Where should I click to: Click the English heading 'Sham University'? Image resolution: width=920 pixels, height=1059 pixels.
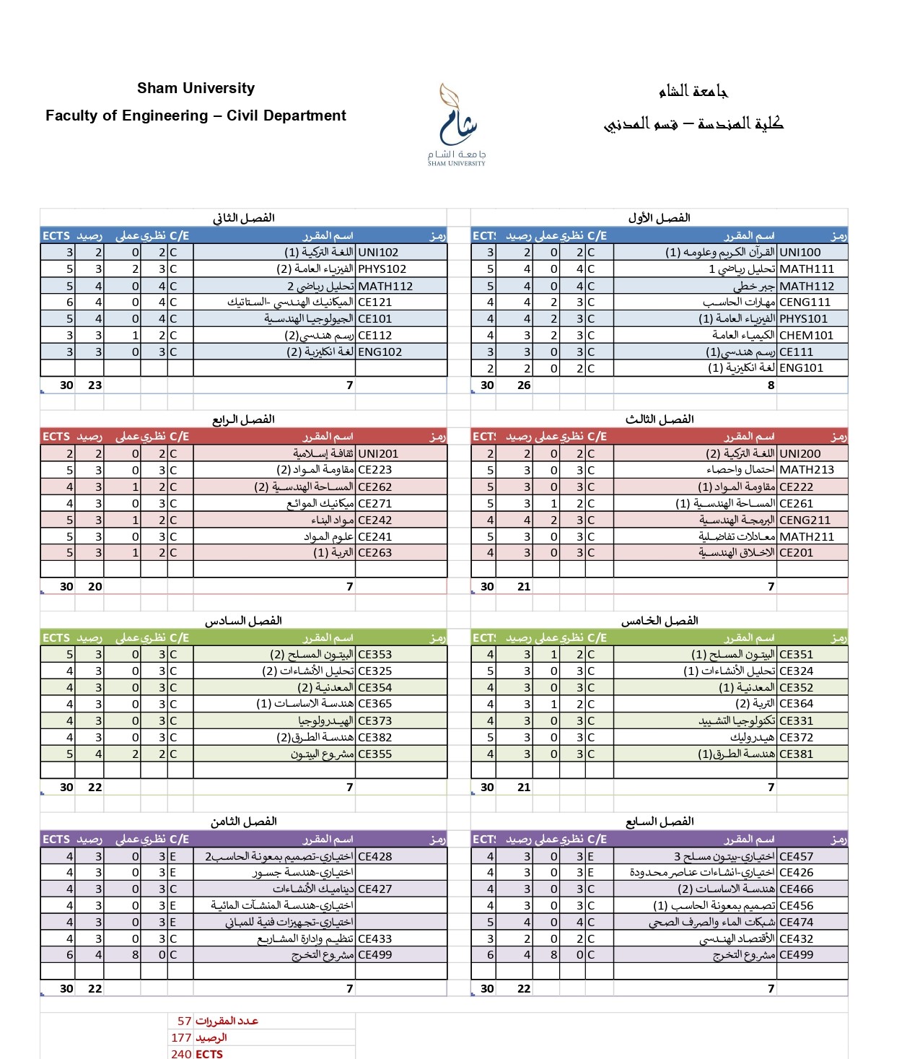pos(196,88)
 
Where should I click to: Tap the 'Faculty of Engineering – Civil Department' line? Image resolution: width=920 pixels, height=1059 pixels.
pos(196,116)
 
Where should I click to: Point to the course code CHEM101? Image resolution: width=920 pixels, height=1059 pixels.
pos(806,335)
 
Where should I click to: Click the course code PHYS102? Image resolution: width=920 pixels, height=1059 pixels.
pos(382,269)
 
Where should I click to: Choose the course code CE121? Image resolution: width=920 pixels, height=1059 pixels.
pos(374,302)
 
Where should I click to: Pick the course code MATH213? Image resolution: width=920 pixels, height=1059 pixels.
pos(806,470)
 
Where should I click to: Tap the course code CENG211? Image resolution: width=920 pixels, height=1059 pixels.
pos(805,520)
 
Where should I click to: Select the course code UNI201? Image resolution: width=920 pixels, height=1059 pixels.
pos(378,454)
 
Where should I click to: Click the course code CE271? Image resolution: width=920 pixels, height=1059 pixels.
pos(374,504)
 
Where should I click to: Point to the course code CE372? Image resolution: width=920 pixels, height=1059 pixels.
pos(796,738)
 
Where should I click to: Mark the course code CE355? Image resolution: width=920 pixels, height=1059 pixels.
pos(374,754)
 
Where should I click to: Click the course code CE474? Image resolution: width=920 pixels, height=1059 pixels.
pos(796,923)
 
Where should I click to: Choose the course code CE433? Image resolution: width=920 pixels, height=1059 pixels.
pos(374,939)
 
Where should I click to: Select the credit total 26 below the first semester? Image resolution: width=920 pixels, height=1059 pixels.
pos(524,385)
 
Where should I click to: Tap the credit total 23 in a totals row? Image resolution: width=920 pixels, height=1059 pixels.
pos(95,385)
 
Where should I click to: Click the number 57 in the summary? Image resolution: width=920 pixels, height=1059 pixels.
pos(184,1021)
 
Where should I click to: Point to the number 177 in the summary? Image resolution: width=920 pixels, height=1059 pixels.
pos(181,1038)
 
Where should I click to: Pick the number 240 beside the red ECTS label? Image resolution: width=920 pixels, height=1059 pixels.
pos(181,1054)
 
